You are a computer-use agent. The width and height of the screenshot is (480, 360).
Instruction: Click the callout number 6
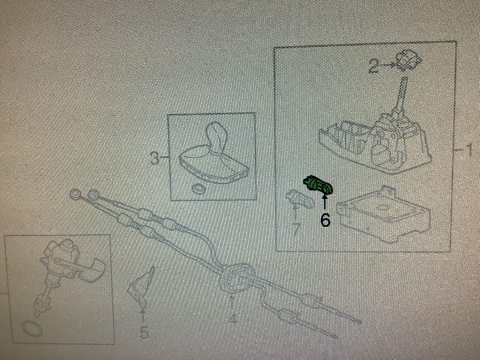coord(325,219)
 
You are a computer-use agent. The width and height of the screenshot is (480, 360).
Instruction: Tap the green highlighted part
coord(318,185)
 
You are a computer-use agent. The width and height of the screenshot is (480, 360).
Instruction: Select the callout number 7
coord(295,229)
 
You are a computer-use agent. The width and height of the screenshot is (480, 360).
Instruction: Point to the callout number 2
coord(373,66)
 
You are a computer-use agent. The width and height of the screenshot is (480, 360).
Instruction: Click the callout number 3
coord(155,158)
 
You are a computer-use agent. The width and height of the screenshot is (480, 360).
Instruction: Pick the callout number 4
coord(232,319)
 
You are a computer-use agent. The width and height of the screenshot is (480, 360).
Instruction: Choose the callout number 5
coord(144,332)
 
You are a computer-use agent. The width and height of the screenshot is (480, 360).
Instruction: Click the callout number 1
coord(468,150)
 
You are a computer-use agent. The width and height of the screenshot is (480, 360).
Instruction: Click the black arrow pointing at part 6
coord(325,202)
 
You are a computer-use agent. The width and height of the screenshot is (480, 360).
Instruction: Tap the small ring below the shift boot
coord(198,189)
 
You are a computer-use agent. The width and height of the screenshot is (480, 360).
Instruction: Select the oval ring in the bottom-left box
coord(32,329)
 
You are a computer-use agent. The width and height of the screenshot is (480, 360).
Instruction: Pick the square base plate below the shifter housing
coord(384,214)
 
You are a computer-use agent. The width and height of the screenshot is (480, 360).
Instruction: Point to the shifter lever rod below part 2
coord(401,95)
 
